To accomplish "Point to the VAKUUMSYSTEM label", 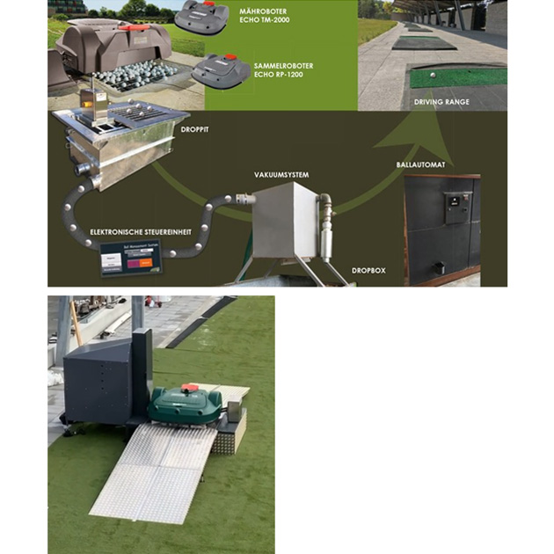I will pyautogui.click(x=281, y=174).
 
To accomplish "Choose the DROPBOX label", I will pyautogui.click(x=368, y=270).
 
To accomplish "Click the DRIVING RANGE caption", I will pyautogui.click(x=441, y=101).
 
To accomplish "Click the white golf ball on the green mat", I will pyautogui.click(x=434, y=76).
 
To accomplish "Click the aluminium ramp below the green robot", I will pyautogui.click(x=158, y=470).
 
